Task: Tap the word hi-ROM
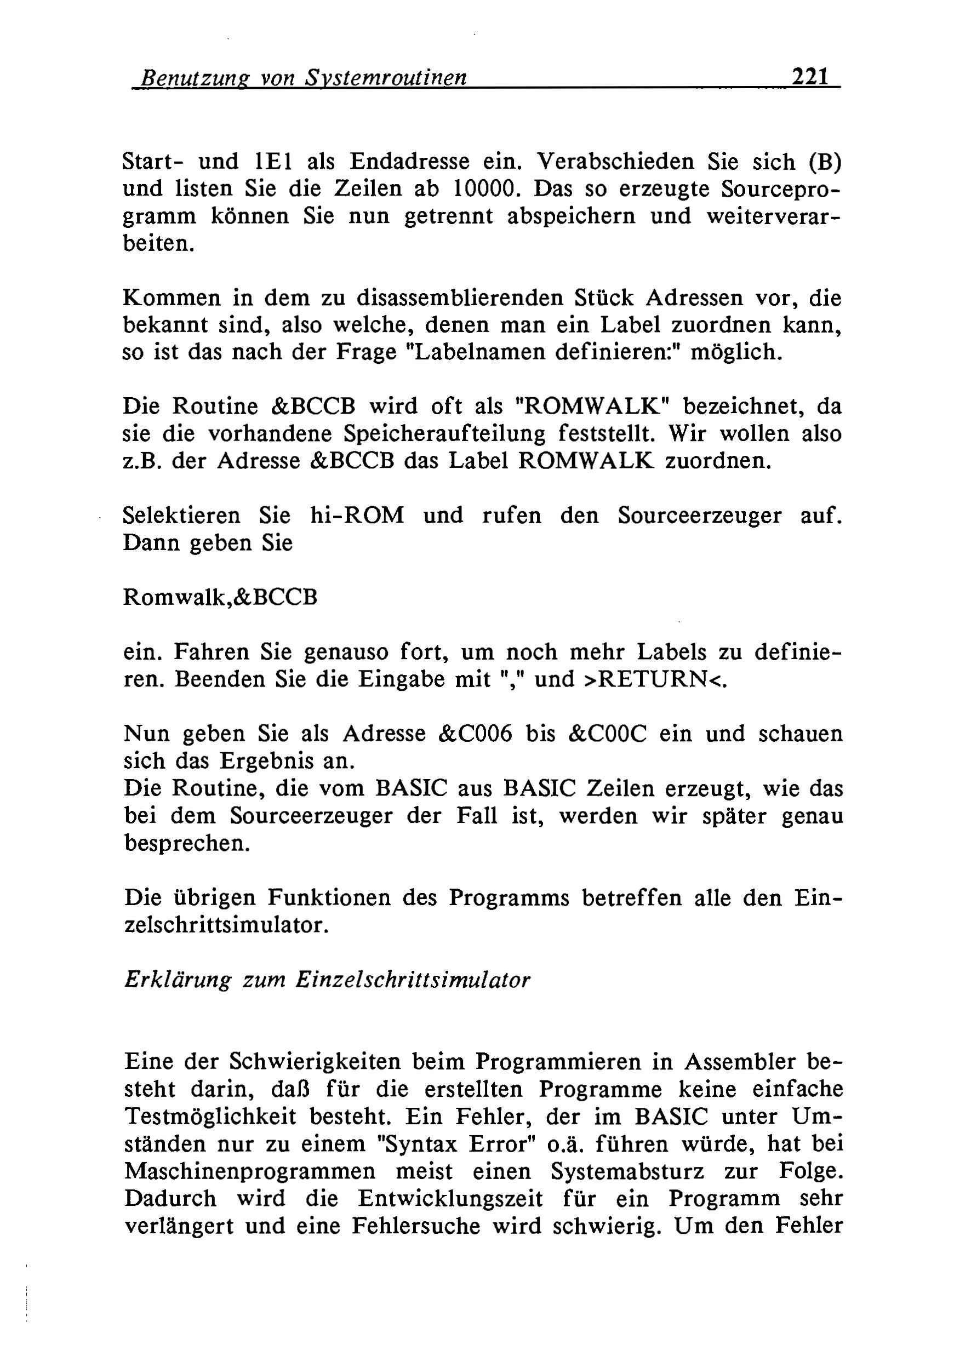(x=357, y=516)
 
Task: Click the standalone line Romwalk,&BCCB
(x=220, y=598)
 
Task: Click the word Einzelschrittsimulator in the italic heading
(x=412, y=980)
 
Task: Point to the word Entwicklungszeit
(x=450, y=1198)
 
